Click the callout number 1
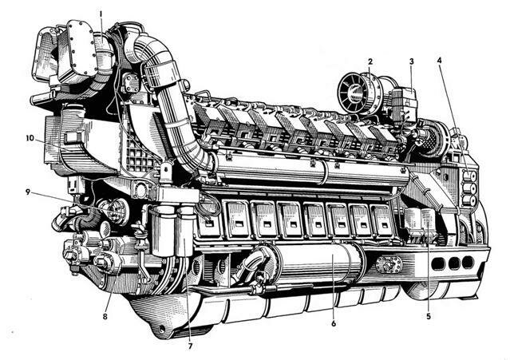101,14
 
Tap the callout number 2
370,61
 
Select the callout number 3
412,61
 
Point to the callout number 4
440,60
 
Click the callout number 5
429,316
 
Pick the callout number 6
334,323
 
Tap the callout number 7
190,346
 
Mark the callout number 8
105,316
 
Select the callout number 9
28,192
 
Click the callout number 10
30,138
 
